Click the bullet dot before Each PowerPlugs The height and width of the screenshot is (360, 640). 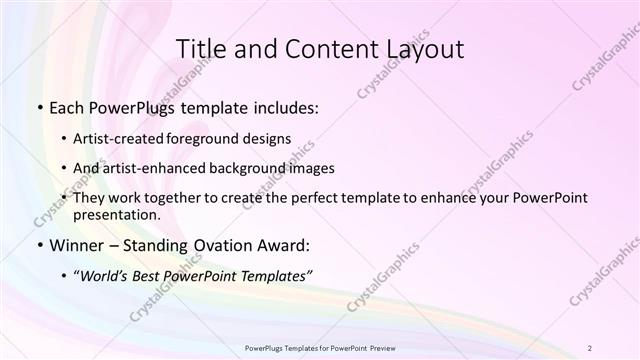38,105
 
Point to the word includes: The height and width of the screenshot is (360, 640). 282,105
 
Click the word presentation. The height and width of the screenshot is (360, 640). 123,215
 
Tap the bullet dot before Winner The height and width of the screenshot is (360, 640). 38,245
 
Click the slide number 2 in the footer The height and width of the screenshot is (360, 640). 591,348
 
